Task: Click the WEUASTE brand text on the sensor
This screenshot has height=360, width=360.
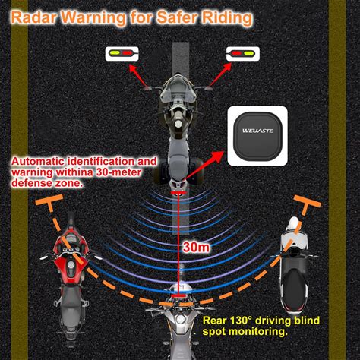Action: click(257, 131)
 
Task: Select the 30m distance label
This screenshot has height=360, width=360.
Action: click(196, 247)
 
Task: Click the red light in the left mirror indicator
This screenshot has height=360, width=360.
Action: click(127, 53)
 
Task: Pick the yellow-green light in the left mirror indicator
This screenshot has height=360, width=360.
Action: click(115, 53)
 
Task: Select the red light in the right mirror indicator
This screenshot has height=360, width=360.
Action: click(237, 53)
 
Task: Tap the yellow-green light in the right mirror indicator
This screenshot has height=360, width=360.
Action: click(249, 53)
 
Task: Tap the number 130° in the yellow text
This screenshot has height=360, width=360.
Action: click(241, 321)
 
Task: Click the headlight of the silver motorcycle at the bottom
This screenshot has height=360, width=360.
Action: click(180, 319)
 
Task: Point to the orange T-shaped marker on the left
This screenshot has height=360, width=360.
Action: click(51, 203)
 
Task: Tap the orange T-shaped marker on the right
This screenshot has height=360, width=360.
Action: click(307, 203)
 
